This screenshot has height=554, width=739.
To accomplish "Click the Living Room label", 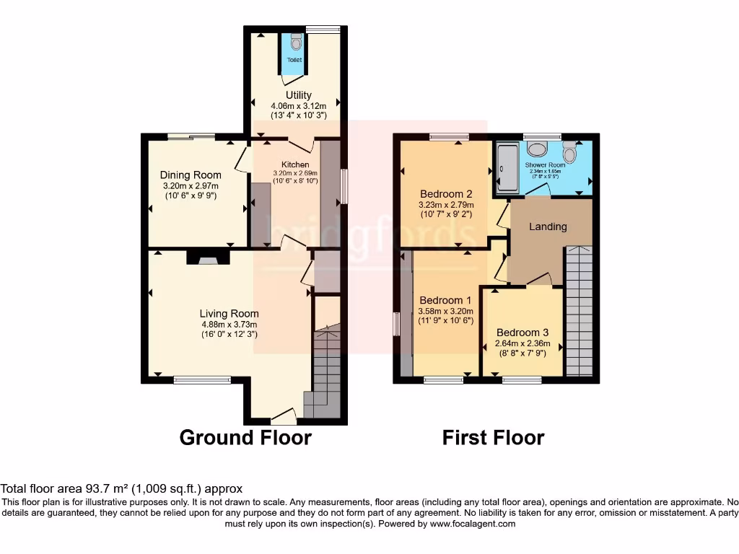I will [229, 314].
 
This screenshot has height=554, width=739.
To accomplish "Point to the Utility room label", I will [298, 95].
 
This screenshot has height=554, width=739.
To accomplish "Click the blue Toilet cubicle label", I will [294, 60].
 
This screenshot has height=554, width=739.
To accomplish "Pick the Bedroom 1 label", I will [445, 300].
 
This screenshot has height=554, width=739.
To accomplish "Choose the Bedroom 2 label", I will [446, 194].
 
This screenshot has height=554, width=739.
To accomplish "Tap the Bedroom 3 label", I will [522, 333].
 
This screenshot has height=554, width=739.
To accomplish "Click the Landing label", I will [548, 227].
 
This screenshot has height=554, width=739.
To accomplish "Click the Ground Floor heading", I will [245, 437].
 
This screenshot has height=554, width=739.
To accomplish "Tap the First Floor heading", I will [494, 437].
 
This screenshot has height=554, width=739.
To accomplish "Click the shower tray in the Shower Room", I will [505, 170].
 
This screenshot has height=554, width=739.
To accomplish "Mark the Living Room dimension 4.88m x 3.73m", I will [229, 325].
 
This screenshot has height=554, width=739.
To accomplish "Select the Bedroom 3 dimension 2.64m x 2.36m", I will [522, 343].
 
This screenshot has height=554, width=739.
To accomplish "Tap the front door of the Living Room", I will [283, 417].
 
